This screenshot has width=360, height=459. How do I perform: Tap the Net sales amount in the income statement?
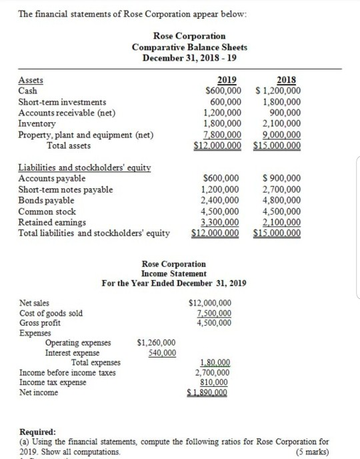pos(211,303)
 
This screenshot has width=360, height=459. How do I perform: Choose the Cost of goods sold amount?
pos(213,314)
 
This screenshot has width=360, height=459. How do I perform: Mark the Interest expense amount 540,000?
pos(161,353)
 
